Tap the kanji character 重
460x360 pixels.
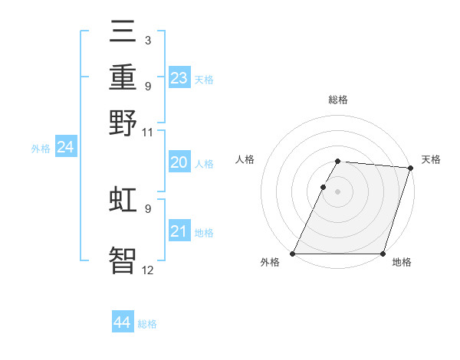point(123,78)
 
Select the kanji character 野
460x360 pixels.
point(123,123)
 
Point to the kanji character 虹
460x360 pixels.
point(123,200)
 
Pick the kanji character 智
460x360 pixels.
point(123,260)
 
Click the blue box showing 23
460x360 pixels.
point(179,78)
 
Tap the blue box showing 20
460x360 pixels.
point(179,162)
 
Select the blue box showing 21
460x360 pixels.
point(179,231)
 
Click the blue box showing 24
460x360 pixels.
point(65,147)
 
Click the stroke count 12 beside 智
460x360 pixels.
point(148,270)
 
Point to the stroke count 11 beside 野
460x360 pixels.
point(148,133)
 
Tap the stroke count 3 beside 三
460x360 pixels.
point(147,40)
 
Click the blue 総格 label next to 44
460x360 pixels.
point(147,324)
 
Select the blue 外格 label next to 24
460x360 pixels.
point(41,149)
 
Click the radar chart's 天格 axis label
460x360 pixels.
point(431,159)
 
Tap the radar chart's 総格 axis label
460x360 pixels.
point(337,100)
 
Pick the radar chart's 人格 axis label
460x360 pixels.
point(245,159)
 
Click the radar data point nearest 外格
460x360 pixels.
point(293,254)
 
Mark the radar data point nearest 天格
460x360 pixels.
point(410,168)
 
